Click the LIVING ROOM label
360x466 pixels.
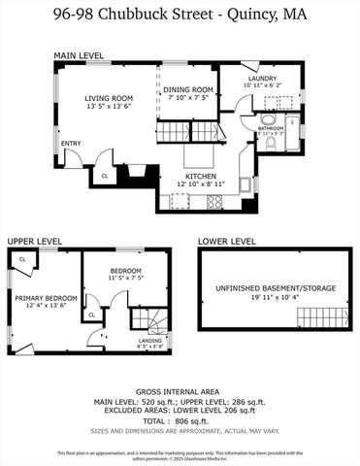click(109, 97)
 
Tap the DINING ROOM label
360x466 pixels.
click(186, 88)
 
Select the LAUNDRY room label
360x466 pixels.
click(263, 79)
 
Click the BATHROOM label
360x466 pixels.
click(271, 127)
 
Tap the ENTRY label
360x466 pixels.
click(71, 144)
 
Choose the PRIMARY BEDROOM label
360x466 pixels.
click(46, 297)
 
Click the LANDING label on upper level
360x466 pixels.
click(150, 340)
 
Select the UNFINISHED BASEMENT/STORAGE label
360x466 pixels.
click(269, 287)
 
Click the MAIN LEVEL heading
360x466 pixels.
click(78, 55)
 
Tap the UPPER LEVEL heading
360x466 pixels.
click(35, 240)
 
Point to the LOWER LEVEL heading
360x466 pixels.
click(226, 240)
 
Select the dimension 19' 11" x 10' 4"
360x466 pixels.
click(269, 297)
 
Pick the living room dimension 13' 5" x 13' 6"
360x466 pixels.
click(109, 106)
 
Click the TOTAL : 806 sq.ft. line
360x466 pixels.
click(180, 422)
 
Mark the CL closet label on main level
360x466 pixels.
click(104, 176)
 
